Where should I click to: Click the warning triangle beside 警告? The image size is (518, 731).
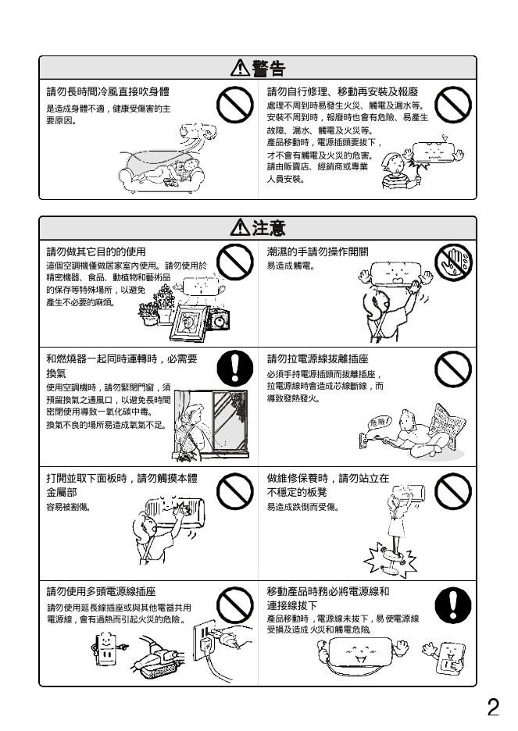click(240, 68)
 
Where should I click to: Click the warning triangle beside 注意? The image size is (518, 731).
click(240, 227)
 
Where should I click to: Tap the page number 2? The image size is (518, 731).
click(493, 708)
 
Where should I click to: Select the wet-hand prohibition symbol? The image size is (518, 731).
click(452, 262)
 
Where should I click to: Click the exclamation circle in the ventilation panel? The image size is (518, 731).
click(235, 369)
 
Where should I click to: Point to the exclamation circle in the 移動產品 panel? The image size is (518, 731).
click(452, 605)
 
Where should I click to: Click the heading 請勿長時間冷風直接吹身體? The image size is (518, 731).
click(108, 92)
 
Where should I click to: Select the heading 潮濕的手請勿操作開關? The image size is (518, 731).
click(317, 251)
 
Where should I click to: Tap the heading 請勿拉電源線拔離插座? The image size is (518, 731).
click(317, 358)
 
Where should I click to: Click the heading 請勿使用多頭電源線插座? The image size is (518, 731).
click(101, 592)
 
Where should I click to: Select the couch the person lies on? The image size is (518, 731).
click(161, 176)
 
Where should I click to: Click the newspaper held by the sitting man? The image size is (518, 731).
click(447, 425)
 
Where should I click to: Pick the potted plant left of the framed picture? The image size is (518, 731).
click(149, 314)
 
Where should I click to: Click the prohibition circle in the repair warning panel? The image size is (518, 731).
click(452, 105)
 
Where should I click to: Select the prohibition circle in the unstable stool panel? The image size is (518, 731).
click(452, 491)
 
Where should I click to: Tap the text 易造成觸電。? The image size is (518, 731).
click(291, 266)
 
